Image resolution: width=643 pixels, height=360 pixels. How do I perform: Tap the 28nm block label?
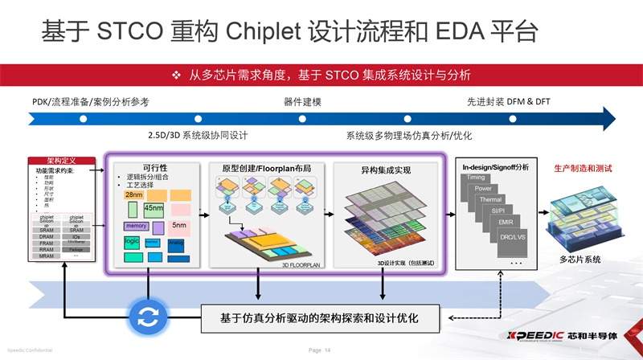pyautogui.click(x=134, y=195)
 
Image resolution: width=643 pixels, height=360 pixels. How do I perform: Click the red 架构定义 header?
pyautogui.click(x=62, y=161)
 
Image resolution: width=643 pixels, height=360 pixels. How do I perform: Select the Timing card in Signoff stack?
pyautogui.click(x=476, y=177)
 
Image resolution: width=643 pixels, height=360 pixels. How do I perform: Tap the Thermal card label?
pyautogui.click(x=490, y=199)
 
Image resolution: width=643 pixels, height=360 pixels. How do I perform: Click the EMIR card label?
pyautogui.click(x=506, y=222)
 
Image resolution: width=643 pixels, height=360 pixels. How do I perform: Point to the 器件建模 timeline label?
pyautogui.click(x=303, y=102)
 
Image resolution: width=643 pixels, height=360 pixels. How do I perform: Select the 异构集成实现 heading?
pyautogui.click(x=385, y=170)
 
